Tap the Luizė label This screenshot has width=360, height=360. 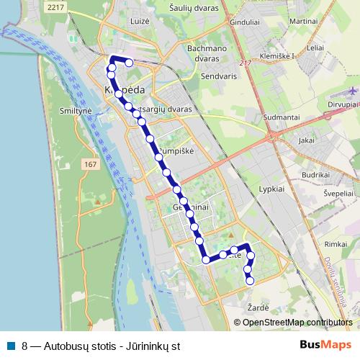coord(139,22)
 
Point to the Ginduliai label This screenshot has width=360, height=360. coord(224,22)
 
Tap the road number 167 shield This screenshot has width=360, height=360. coord(90,166)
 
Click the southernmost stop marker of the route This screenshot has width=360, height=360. coord(250,282)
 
